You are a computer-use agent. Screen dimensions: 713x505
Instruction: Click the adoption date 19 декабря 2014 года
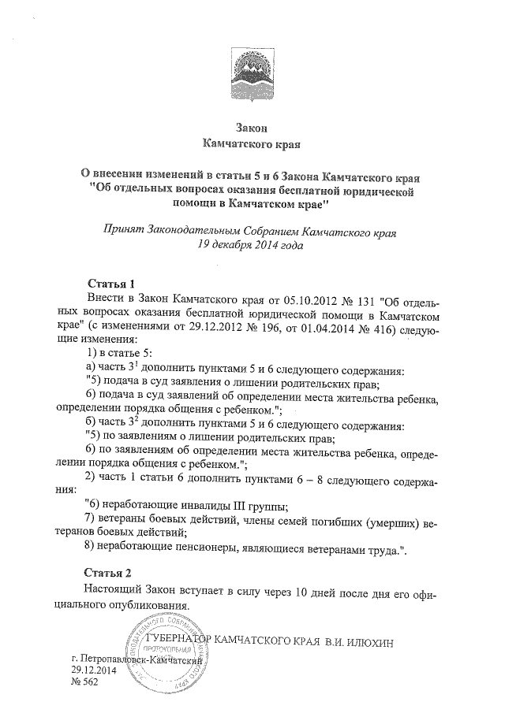point(252,245)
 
